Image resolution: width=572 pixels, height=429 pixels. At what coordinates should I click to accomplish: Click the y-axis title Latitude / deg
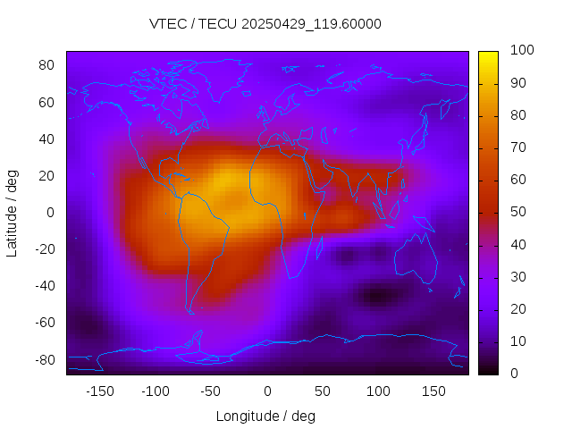(x=13, y=212)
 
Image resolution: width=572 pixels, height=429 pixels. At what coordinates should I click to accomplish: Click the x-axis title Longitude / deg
(x=265, y=416)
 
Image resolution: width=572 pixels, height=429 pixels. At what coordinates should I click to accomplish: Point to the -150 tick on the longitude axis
(x=100, y=391)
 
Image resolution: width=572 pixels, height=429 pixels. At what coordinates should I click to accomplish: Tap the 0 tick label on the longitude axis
(x=267, y=391)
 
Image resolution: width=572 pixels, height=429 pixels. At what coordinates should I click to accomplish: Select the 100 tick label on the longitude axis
(x=378, y=391)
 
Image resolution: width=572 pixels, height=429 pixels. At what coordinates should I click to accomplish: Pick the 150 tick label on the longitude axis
(x=433, y=391)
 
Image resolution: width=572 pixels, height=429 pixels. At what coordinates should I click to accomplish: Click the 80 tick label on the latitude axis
(x=47, y=65)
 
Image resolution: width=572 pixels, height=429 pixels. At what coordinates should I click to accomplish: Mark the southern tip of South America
(x=190, y=312)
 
